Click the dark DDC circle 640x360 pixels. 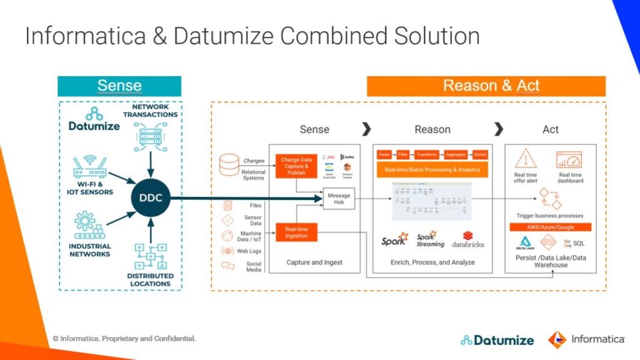(150, 199)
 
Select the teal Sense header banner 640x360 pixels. (119, 86)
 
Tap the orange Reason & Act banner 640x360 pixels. (486, 86)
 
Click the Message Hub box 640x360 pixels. (339, 199)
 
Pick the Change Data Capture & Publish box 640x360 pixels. (296, 166)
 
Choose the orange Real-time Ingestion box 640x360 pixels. (296, 232)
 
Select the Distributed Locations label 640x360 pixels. (149, 279)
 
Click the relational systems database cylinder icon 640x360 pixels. (229, 164)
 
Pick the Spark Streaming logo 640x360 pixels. (430, 240)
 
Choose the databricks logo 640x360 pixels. (468, 240)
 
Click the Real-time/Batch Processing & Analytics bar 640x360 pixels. (432, 169)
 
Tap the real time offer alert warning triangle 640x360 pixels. (526, 159)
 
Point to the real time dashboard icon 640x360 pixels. (570, 159)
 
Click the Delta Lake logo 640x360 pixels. (526, 242)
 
